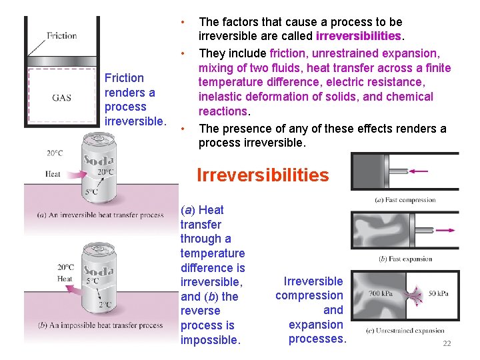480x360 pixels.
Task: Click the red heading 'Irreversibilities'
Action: point(263,175)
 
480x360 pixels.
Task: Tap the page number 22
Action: point(447,344)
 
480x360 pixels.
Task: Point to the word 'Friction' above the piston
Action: point(62,36)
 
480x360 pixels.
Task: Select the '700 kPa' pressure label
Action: point(380,293)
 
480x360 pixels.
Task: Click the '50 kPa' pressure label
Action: point(442,293)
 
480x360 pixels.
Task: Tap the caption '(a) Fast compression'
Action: point(405,199)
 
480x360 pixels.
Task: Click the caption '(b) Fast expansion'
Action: point(405,259)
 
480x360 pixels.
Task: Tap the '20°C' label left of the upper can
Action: point(55,153)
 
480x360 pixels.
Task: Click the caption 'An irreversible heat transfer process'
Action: point(101,215)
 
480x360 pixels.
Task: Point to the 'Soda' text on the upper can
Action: point(99,161)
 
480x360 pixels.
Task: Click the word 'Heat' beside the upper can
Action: point(53,174)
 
